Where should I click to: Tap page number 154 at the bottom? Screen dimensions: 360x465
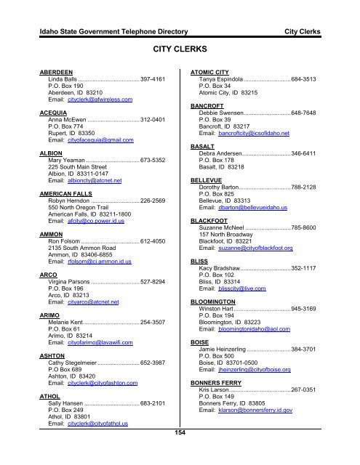pos(180,434)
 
